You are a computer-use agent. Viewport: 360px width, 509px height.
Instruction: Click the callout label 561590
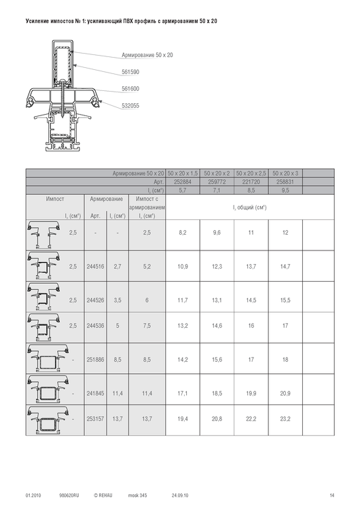pos(130,72)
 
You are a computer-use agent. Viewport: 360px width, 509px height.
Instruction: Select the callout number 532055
pos(130,105)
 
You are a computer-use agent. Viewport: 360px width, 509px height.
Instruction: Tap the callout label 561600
pos(130,89)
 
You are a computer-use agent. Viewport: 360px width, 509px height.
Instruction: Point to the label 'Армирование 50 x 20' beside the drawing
pos(147,55)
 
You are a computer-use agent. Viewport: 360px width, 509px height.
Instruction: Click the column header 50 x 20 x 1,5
pos(183,173)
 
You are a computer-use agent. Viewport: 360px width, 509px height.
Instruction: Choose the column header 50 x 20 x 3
pos(285,173)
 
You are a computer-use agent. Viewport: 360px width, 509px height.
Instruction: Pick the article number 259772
pos(217,182)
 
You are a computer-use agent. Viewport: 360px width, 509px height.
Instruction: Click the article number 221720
pos(251,182)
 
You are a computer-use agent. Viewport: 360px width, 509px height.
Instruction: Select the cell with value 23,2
pos(285,419)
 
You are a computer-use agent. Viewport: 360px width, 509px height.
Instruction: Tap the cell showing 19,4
pos(183,419)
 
